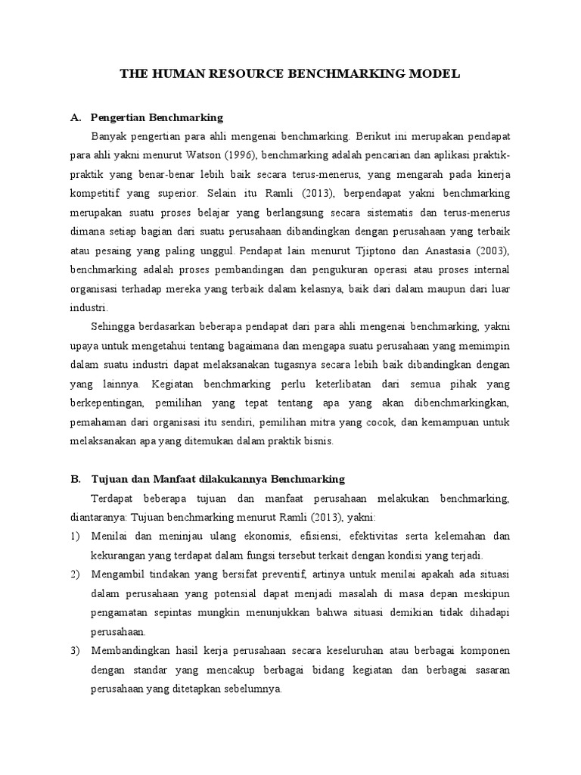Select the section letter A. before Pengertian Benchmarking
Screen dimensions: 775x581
(75, 118)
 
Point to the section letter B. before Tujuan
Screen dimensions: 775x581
(75, 479)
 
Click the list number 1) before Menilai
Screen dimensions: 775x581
(75, 537)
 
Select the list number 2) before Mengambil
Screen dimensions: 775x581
(75, 574)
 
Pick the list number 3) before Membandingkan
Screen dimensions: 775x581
(75, 651)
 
